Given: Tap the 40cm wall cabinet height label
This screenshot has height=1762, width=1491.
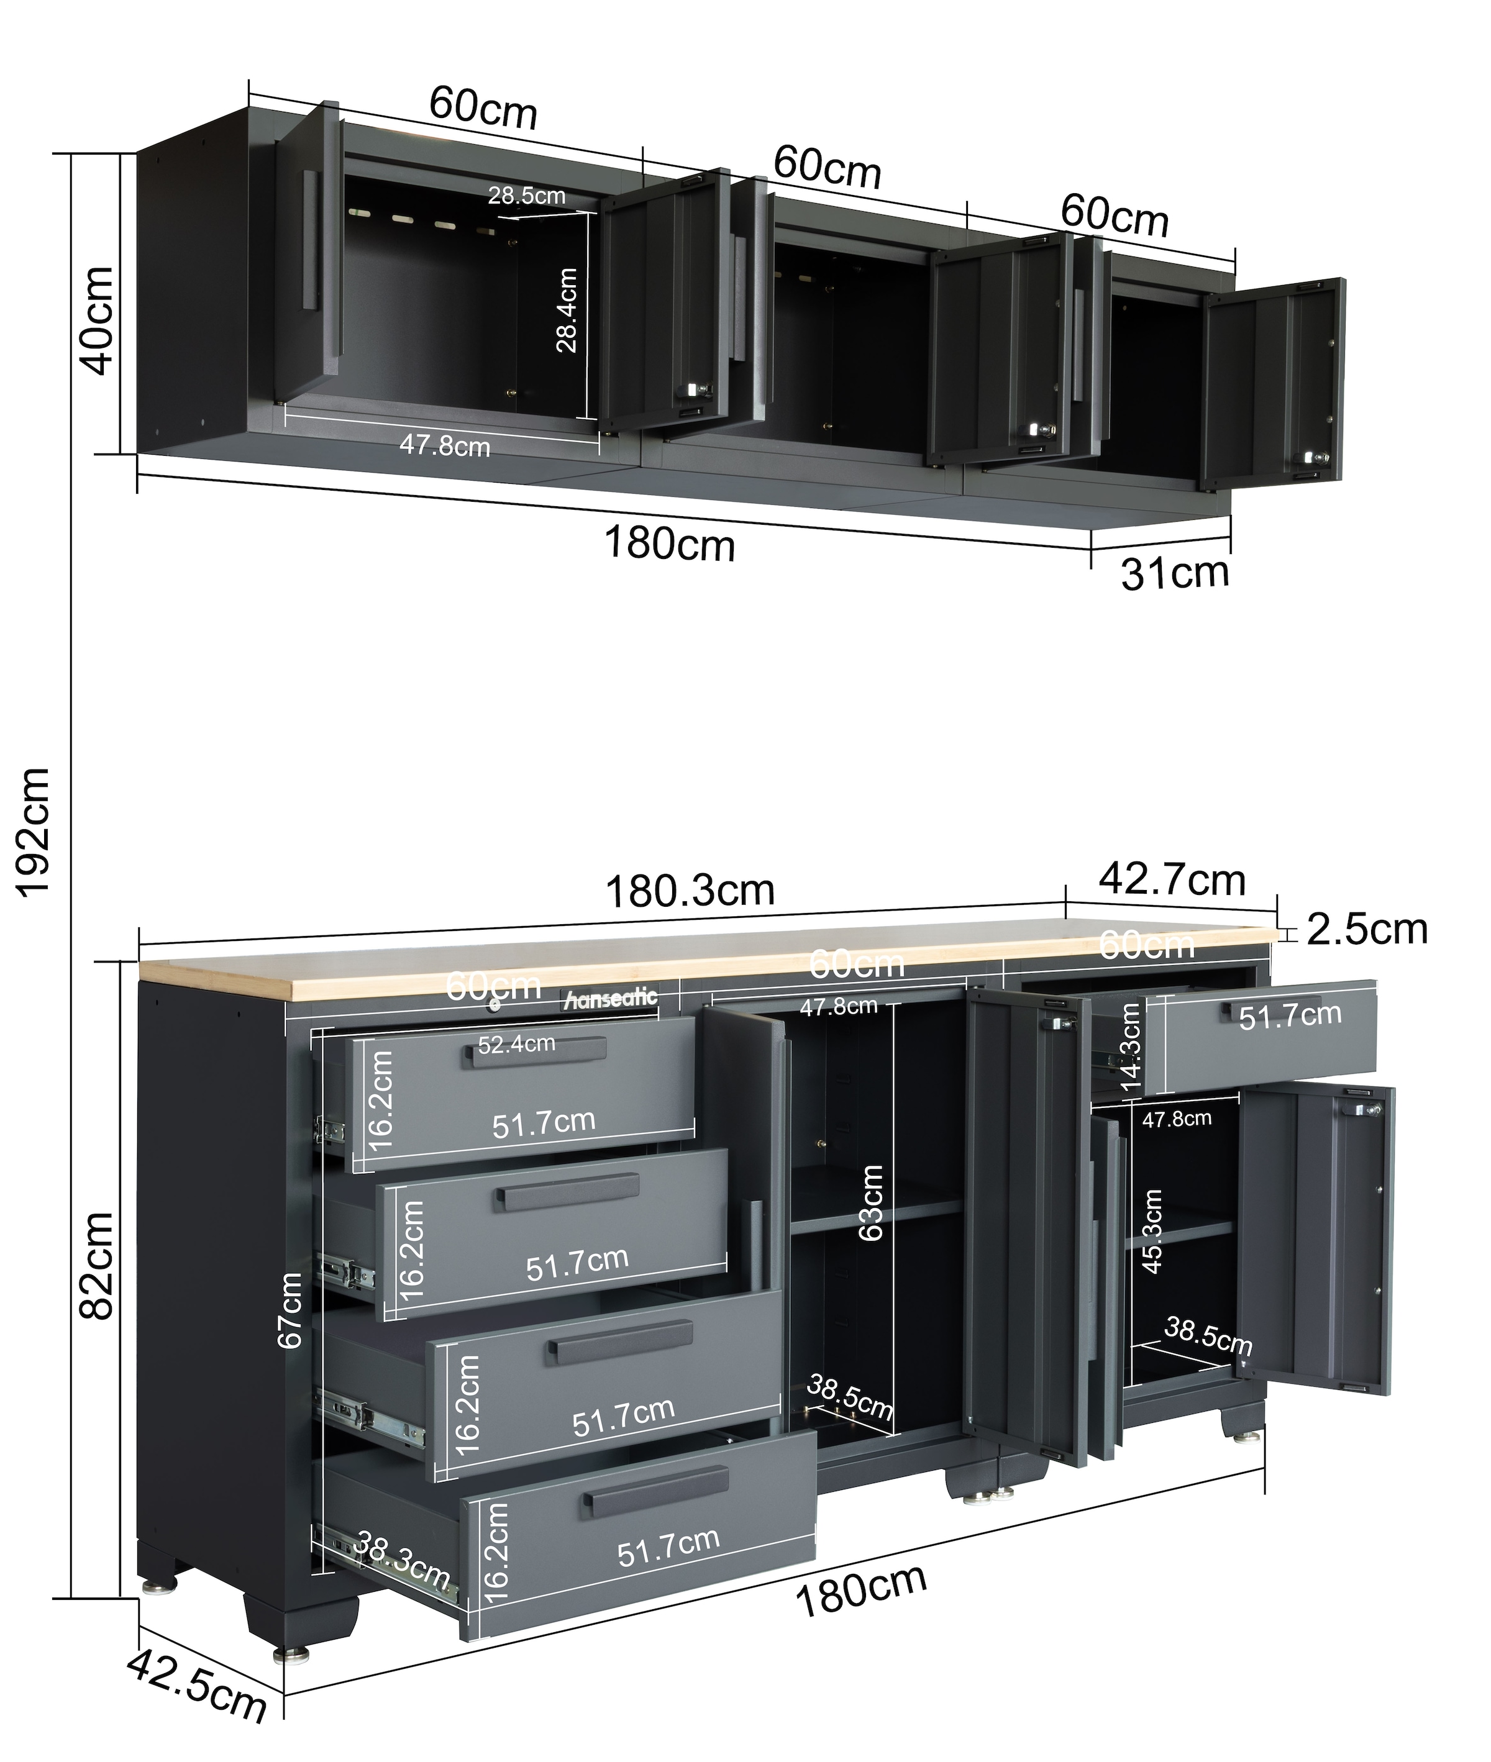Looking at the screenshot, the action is [x=96, y=319].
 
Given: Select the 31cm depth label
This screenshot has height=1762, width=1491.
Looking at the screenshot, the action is [x=1175, y=574].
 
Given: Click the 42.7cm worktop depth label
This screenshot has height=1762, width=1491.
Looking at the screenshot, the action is [x=1172, y=879].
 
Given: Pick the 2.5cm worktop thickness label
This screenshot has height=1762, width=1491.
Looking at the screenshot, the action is [x=1367, y=929].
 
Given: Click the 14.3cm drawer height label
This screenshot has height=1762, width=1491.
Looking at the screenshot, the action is [x=1130, y=1047].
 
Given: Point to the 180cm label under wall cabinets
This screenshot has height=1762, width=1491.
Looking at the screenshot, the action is [x=670, y=544].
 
